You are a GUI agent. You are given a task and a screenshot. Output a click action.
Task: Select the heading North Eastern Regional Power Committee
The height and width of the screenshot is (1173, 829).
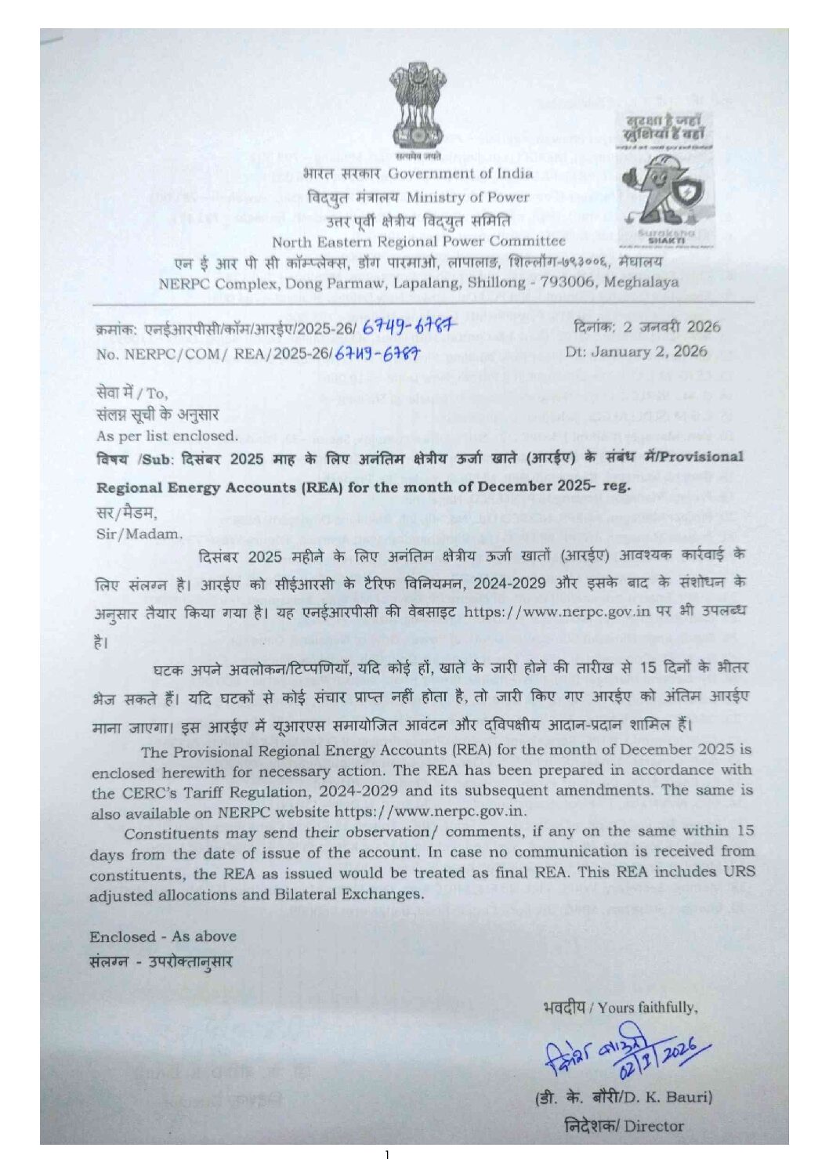[x=418, y=241]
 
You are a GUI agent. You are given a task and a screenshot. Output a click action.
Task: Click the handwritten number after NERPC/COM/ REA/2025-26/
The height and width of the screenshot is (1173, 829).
[x=378, y=354]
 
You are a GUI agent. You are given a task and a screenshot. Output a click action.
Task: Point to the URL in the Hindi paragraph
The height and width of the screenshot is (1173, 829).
[x=557, y=611]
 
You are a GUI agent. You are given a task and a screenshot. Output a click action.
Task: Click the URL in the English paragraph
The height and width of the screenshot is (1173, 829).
[x=430, y=811]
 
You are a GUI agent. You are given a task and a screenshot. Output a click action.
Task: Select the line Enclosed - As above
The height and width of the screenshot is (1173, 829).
[x=162, y=936]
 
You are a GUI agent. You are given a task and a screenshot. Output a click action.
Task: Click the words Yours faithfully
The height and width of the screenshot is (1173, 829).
[x=646, y=1008]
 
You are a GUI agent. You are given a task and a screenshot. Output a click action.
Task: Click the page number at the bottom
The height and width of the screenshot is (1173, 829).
[x=387, y=1155]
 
